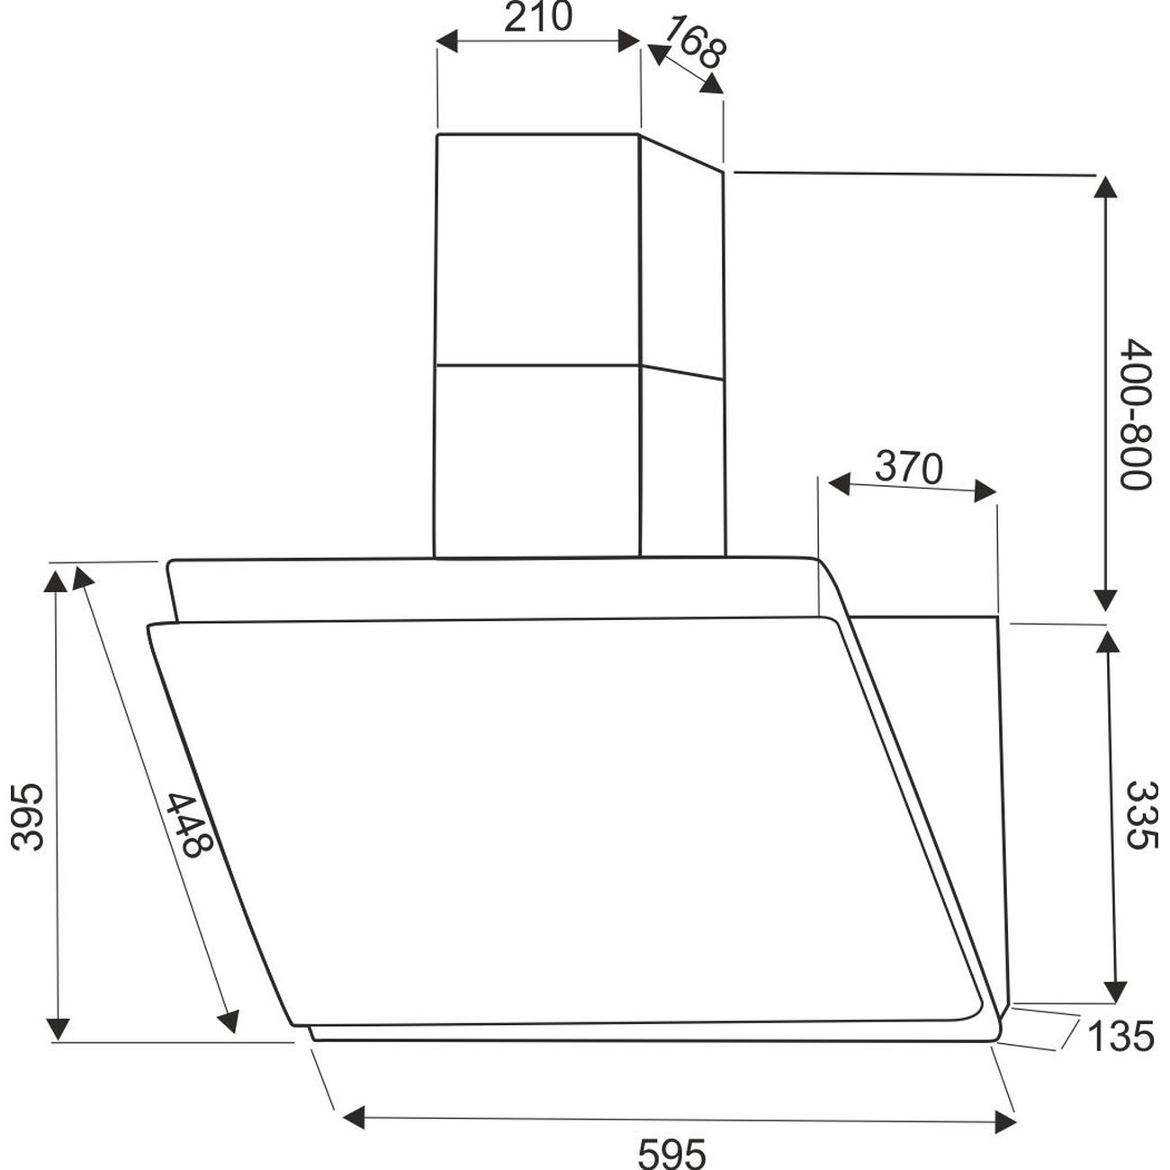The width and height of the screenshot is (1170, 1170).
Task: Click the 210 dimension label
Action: [x=538, y=18]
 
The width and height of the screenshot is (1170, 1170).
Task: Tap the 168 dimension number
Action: [x=693, y=41]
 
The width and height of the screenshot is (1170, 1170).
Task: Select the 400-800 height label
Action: [x=1136, y=414]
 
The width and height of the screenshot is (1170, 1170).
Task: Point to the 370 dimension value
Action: [x=908, y=467]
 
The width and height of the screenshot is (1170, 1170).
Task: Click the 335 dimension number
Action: [x=1143, y=815]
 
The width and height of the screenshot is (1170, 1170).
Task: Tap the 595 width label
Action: [x=672, y=1152]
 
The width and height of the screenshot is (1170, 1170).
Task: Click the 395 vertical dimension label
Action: [x=27, y=816]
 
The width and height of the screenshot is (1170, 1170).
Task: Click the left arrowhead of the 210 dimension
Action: [x=448, y=41]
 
